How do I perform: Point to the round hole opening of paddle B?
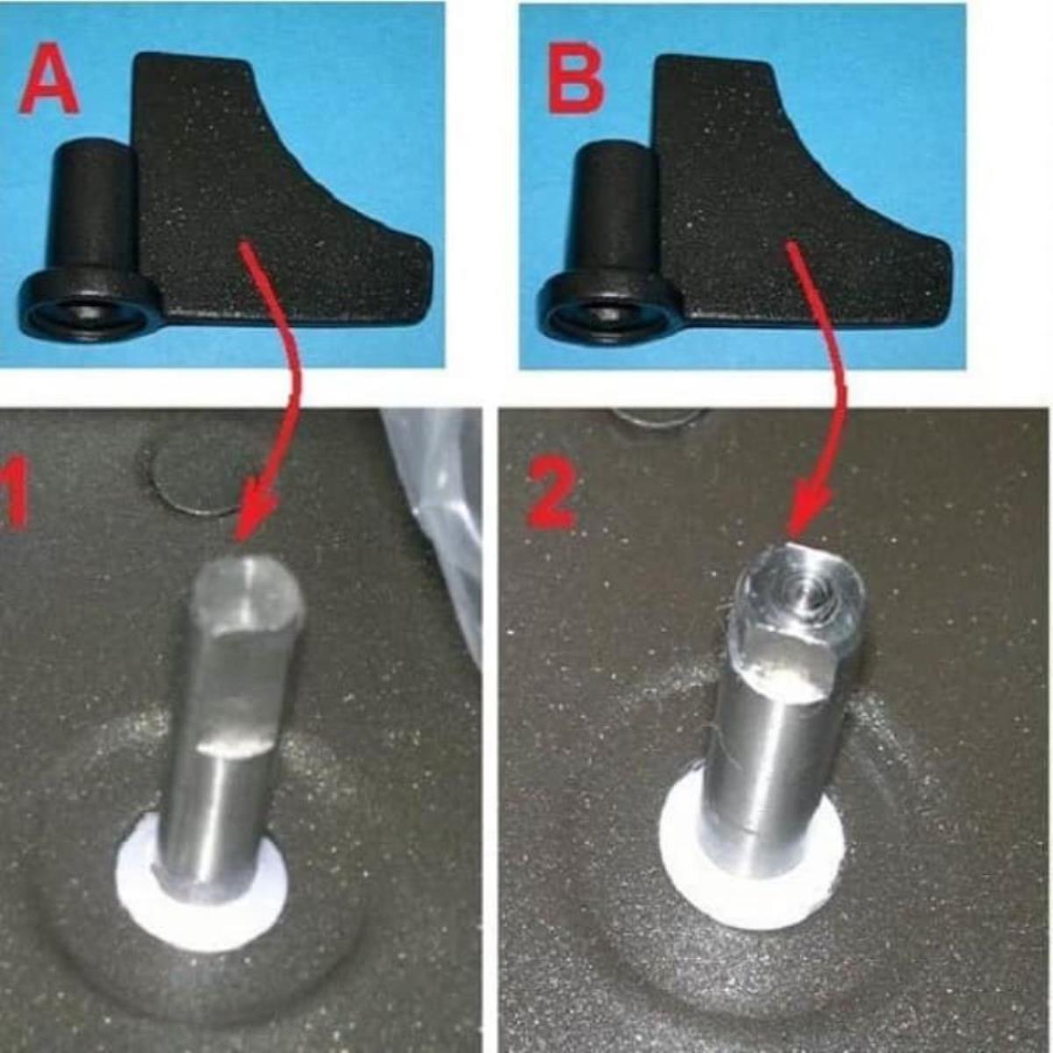click(601, 315)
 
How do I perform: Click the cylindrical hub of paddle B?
click(612, 211)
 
